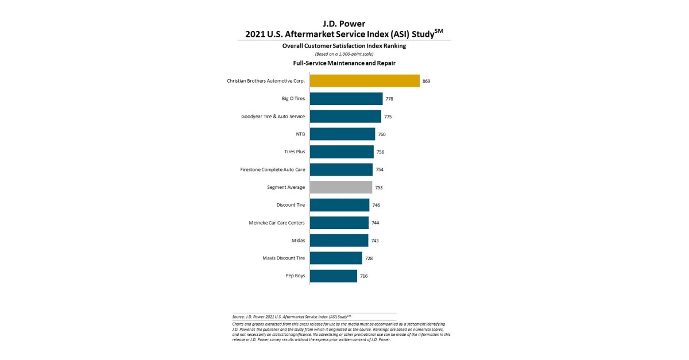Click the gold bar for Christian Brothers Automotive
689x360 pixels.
(365, 81)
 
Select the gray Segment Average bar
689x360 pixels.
(341, 187)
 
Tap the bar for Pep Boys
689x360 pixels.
(334, 276)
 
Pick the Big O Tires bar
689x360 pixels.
(346, 99)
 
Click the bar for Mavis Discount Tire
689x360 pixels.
(336, 258)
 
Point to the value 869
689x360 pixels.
(426, 82)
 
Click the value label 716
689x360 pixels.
(363, 276)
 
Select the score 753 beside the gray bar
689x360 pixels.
(379, 188)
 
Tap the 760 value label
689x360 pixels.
(382, 134)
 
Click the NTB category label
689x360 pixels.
(300, 134)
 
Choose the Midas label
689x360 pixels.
(298, 241)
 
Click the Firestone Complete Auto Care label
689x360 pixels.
(273, 170)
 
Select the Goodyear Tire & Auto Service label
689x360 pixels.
(273, 117)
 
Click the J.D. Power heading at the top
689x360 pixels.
(344, 24)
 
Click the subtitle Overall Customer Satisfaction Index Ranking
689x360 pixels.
(344, 45)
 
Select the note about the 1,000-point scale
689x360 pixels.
(344, 54)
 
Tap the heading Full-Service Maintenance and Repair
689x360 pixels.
(344, 63)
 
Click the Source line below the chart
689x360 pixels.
(292, 316)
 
